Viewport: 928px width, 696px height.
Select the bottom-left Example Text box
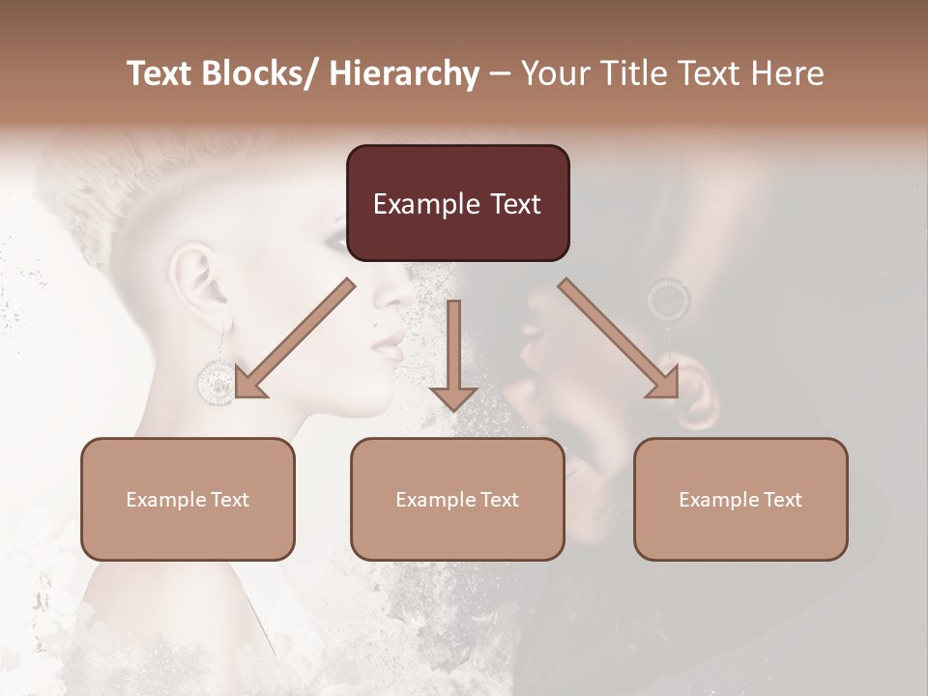coord(188,500)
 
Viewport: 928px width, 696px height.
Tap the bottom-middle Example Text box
coord(457,500)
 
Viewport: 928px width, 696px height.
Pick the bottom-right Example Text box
coord(740,500)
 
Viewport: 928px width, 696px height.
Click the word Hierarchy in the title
coord(404,73)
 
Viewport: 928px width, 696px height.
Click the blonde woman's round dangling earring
coord(215,381)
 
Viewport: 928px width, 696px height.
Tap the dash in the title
coord(500,73)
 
